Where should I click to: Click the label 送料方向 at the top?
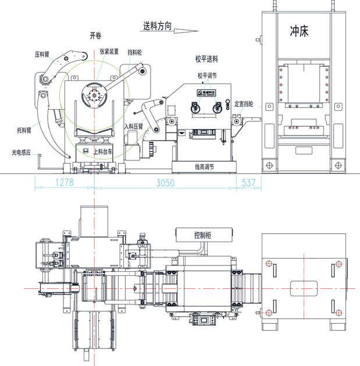click(x=156, y=27)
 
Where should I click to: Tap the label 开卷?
click(x=95, y=35)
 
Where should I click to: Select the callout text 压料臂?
click(x=41, y=55)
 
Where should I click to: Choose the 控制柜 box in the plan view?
click(x=202, y=235)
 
